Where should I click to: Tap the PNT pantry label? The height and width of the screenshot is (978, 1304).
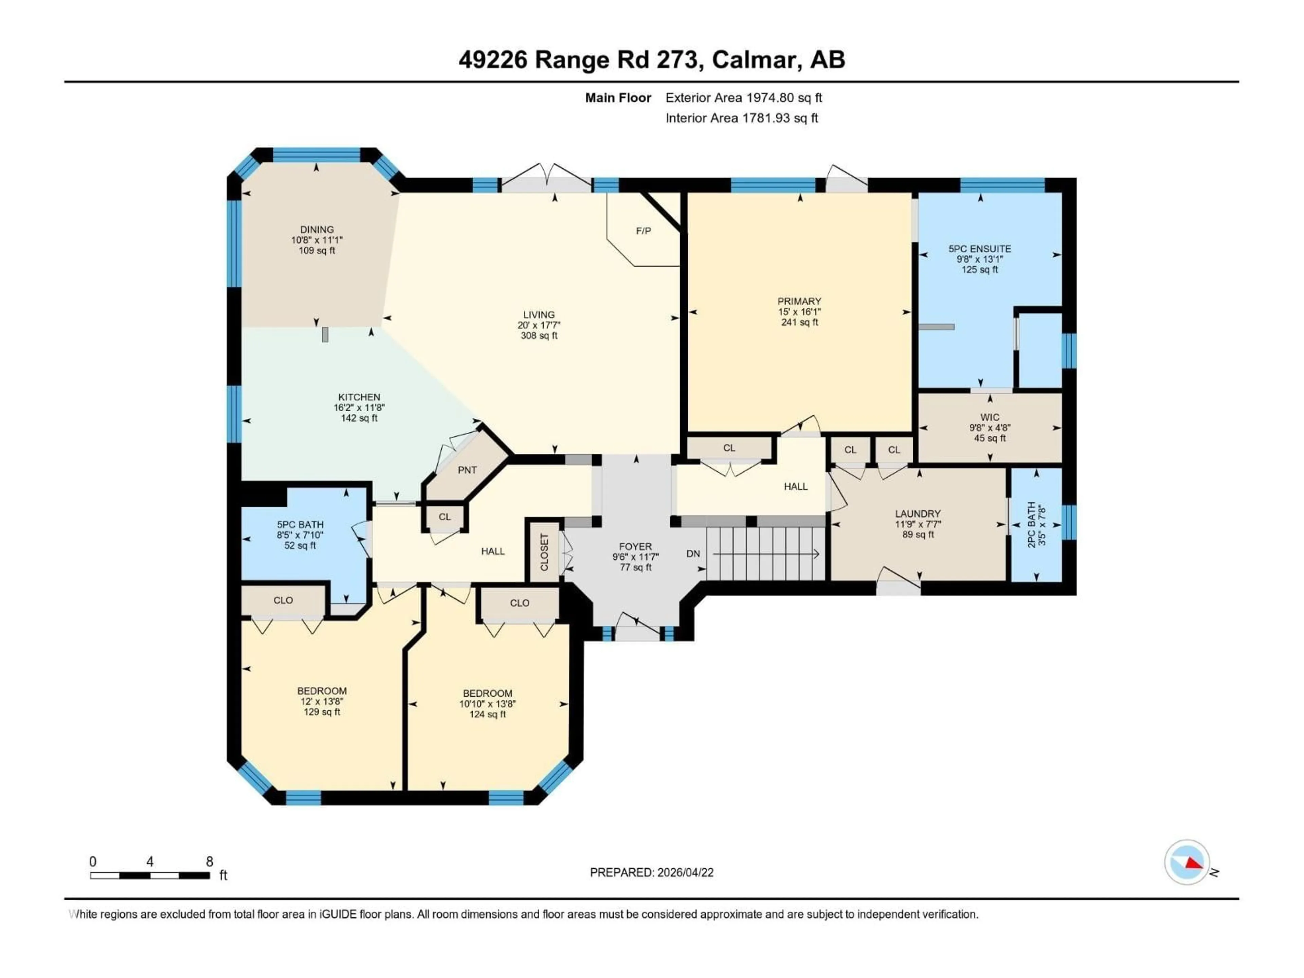coord(467,470)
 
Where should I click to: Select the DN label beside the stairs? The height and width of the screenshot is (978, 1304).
coord(693,554)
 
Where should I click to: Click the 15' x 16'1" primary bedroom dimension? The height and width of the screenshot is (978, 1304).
coord(799,312)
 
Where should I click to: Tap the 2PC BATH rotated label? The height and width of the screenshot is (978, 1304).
coord(1032,524)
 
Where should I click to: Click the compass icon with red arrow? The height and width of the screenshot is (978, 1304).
coord(1187,863)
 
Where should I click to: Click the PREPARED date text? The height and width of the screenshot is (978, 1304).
coord(651,872)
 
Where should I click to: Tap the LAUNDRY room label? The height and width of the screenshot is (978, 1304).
coord(918,513)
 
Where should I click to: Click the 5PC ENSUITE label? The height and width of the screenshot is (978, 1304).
coord(980,249)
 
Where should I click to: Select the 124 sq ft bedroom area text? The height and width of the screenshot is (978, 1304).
coord(488,714)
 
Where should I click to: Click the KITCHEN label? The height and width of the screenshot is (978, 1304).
coord(359,397)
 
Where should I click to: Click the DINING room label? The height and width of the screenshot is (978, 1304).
coord(316,229)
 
